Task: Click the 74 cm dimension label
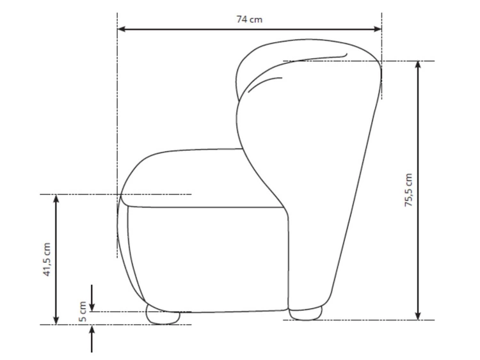click(x=249, y=19)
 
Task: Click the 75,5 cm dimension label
click(x=409, y=191)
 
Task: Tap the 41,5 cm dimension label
click(x=47, y=260)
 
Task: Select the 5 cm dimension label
click(x=83, y=311)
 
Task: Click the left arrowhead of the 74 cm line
click(x=122, y=29)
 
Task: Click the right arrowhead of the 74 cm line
click(x=378, y=29)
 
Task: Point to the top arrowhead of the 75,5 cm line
click(x=418, y=65)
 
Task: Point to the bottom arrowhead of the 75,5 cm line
click(x=418, y=316)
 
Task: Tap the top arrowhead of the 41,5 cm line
click(x=56, y=198)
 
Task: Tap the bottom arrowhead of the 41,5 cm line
click(x=56, y=320)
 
